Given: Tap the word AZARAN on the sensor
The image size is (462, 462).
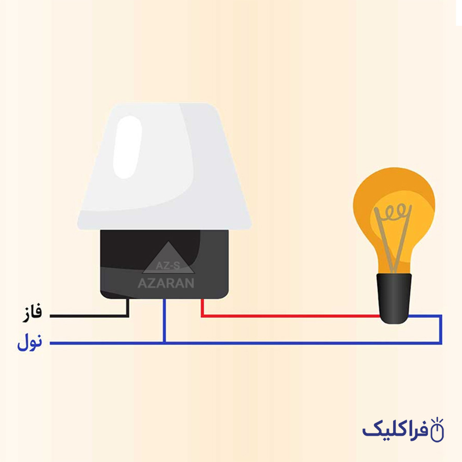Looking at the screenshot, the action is click(166, 283).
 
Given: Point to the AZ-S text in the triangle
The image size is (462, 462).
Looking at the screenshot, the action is click(168, 266).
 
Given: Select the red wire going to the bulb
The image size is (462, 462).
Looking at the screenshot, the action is click(290, 316).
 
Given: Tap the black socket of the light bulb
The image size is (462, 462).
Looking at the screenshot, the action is click(394, 298).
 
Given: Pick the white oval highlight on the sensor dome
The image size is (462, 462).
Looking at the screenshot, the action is click(128, 147).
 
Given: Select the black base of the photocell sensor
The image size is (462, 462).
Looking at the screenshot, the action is click(164, 264).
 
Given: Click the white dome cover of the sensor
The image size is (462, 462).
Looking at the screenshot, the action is click(164, 166).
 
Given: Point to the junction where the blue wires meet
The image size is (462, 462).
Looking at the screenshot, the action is click(164, 343).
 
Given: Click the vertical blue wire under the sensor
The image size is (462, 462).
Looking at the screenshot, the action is click(164, 321).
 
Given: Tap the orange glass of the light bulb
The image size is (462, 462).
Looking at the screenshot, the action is click(394, 220).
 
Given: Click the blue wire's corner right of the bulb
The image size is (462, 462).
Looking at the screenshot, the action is click(441, 316).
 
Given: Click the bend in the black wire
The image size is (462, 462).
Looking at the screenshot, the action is click(128, 316).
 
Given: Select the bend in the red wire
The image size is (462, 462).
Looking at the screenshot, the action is click(202, 316).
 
